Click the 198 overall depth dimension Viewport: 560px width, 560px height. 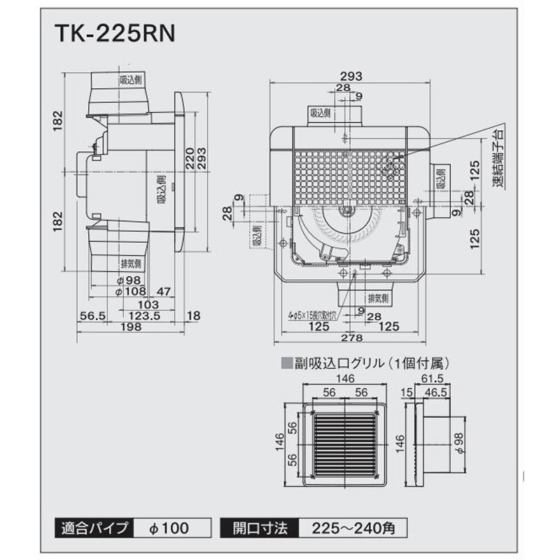click(130, 328)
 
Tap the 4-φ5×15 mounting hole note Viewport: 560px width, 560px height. click(311, 315)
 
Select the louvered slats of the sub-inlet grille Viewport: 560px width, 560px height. click(346, 445)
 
